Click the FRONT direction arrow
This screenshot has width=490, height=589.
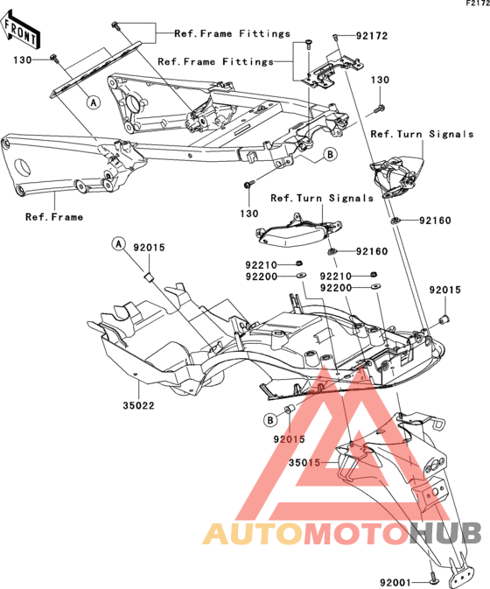point(20,31)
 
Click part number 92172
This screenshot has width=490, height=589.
point(372,36)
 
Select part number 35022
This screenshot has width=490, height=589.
point(138,406)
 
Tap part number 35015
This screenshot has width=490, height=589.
point(304,463)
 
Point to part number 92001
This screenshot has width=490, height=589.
point(395,582)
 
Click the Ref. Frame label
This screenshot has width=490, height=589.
point(54,217)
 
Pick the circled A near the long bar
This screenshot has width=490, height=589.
point(94,102)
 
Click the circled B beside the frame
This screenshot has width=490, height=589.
point(330,154)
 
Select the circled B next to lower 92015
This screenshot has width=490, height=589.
point(270,420)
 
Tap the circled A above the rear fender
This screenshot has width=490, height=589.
point(119,244)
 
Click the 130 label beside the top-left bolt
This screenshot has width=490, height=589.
point(23,60)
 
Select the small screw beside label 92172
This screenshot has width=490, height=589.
point(335,37)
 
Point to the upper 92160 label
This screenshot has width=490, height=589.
point(435,221)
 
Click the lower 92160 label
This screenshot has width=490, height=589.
point(372,251)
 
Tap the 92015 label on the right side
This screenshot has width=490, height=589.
point(445,290)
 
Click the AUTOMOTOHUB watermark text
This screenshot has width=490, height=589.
point(341,533)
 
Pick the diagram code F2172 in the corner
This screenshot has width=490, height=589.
point(478,4)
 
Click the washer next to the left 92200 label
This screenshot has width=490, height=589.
point(301,276)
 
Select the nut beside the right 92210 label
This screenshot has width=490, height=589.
point(374,275)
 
